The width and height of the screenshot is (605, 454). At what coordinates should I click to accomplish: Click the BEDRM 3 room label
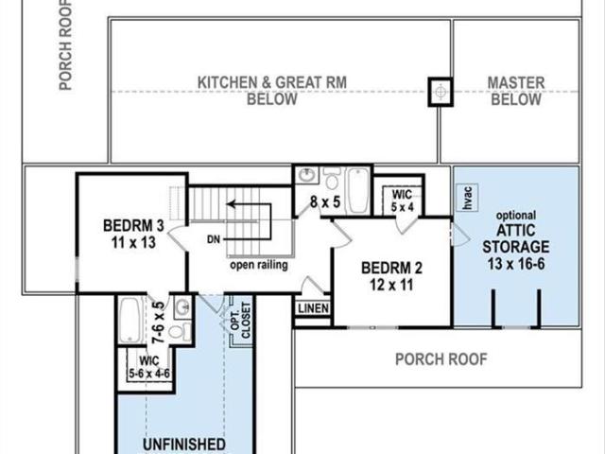pos(133,234)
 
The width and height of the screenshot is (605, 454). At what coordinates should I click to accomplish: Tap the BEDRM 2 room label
pos(391,276)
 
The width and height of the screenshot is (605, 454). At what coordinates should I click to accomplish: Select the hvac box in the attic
pos(467,198)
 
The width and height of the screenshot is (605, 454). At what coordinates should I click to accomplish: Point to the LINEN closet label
pos(313,308)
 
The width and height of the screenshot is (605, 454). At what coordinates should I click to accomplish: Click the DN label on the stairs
pos(214,239)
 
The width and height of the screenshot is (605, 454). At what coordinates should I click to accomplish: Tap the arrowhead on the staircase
pos(231,204)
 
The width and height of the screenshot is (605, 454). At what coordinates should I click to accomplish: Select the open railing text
pos(259,265)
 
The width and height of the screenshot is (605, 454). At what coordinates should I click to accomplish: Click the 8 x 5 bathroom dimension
pos(325,201)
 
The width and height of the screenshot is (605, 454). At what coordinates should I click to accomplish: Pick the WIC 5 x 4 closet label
pos(402,201)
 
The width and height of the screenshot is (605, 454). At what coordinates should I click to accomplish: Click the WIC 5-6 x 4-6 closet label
pos(149,367)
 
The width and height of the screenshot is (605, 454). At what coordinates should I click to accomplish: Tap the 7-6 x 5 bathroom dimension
pos(159,323)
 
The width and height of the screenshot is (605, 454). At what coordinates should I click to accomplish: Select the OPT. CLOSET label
pos(241,321)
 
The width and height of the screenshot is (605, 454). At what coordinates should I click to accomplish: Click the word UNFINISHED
pos(184,445)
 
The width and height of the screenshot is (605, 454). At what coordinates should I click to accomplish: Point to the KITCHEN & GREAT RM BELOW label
pos(272,91)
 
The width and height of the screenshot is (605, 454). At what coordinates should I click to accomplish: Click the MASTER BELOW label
pos(516,91)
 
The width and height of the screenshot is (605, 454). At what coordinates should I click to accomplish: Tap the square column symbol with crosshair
pos(441,92)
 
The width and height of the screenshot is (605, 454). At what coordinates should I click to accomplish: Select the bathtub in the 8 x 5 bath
pos(358,190)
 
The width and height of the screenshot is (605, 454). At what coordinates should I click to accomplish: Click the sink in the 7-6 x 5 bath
pos(182,307)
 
